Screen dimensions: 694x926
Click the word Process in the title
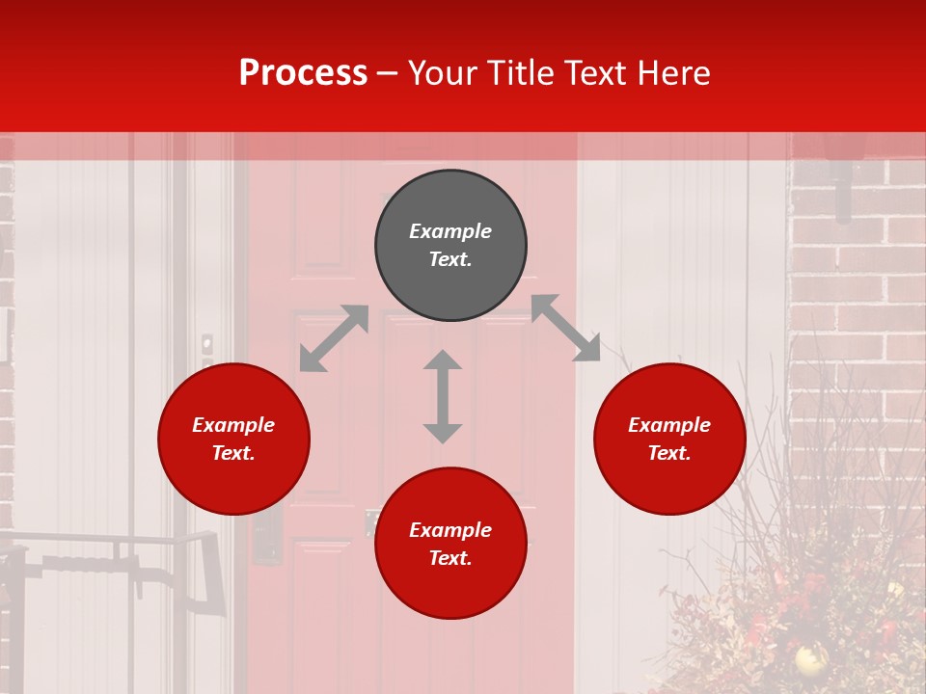click(303, 73)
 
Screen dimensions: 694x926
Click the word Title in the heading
click(512, 73)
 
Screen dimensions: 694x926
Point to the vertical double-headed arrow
click(443, 396)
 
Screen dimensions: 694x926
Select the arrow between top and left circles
click(334, 338)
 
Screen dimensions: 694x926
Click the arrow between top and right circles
click(565, 328)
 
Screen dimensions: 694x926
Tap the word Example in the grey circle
click(450, 231)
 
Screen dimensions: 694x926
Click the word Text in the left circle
click(233, 453)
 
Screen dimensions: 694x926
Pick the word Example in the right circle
click(669, 425)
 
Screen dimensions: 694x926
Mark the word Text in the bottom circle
click(450, 558)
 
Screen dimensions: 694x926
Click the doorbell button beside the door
click(206, 343)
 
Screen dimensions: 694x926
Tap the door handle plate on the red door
click(266, 536)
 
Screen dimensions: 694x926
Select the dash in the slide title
click(388, 73)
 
